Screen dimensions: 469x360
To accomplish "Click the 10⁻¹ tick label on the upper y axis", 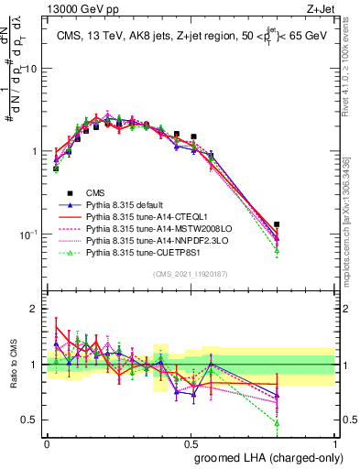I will tap(30, 234).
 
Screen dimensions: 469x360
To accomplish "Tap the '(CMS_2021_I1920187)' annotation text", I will tap(191, 274).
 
